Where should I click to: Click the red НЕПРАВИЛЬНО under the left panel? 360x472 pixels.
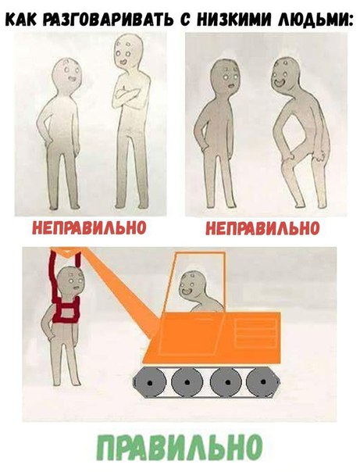point(89,228)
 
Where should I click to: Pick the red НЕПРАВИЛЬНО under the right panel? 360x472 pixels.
point(262,228)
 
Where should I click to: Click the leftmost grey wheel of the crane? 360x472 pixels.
point(149,381)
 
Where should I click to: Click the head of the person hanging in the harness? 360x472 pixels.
point(72,282)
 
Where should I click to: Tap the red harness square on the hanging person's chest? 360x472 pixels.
point(66,312)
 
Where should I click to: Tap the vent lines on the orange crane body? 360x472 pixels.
point(256,332)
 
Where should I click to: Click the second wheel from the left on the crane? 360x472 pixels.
point(187,381)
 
